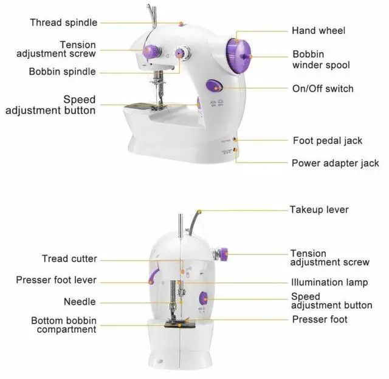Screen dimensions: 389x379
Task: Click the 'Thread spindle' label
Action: pos(64,22)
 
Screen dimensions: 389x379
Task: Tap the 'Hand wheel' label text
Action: pos(318,30)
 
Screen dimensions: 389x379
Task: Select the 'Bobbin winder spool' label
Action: pos(321,60)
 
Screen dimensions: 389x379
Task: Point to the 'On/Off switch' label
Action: pos(323,89)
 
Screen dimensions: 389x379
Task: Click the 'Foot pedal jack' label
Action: pos(327,140)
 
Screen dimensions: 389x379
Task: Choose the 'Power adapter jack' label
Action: pos(335,163)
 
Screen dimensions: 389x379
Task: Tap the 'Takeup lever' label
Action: pos(319,210)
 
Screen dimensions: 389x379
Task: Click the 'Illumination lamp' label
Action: pos(329,282)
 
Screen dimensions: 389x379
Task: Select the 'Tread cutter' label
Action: pos(69,259)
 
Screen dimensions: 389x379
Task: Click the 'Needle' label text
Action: pos(80,302)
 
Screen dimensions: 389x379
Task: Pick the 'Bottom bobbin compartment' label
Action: pos(64,325)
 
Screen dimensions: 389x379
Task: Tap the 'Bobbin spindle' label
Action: pos(62,72)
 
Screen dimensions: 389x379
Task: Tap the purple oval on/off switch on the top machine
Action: pos(213,86)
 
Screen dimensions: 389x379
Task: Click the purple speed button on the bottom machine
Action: pos(204,298)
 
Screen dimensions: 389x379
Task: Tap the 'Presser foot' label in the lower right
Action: pos(320,319)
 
